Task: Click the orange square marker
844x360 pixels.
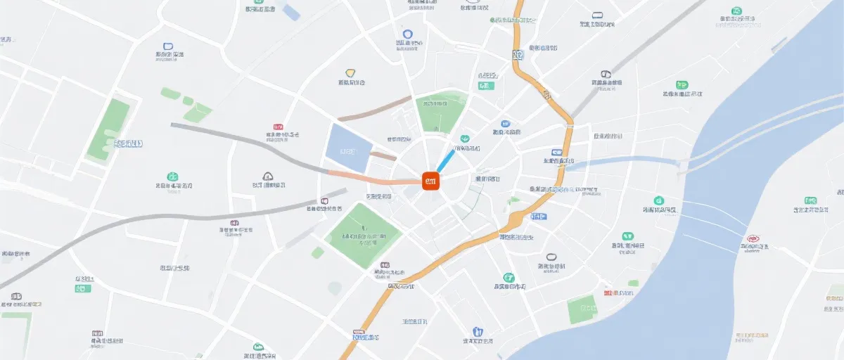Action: (x=431, y=181)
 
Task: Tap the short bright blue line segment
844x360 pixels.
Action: (x=445, y=160)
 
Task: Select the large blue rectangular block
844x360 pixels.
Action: (x=348, y=148)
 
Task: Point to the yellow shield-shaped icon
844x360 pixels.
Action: (x=350, y=72)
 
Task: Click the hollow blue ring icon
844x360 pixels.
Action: (x=407, y=33)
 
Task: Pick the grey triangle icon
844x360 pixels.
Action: (x=267, y=176)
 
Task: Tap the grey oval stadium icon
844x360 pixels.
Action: (x=551, y=257)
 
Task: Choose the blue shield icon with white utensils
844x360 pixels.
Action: (x=478, y=331)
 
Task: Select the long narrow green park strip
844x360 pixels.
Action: (x=109, y=129)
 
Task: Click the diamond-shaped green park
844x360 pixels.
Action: (x=364, y=235)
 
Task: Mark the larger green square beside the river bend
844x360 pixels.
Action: (x=582, y=309)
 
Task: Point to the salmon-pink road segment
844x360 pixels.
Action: (x=373, y=179)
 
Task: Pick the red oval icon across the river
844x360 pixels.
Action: (x=753, y=239)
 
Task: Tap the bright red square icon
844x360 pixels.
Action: (x=608, y=292)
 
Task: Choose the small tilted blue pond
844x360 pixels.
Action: (x=290, y=11)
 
